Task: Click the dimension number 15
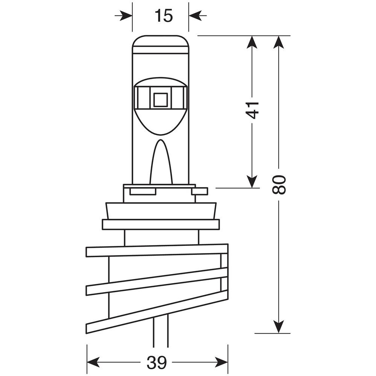[164, 16]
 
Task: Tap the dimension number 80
[279, 185]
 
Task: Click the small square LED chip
[160, 100]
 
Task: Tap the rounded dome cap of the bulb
[161, 44]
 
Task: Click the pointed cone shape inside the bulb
[161, 162]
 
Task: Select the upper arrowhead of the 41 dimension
[252, 42]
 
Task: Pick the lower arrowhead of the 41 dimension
[252, 181]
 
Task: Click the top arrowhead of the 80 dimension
[279, 42]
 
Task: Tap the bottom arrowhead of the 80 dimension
[279, 327]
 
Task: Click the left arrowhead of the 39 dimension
[94, 362]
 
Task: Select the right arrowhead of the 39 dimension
[221, 362]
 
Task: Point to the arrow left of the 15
[123, 16]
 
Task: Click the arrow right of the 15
[198, 16]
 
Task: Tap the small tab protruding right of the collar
[200, 191]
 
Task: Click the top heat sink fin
[157, 250]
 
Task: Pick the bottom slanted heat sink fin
[157, 312]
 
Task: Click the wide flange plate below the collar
[161, 224]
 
